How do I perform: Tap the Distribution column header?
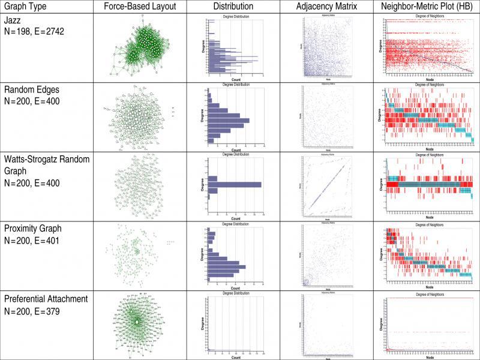coord(233,6)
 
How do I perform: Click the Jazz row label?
coord(13,20)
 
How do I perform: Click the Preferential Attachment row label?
coord(46,298)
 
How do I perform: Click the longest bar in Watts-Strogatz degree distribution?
coord(234,185)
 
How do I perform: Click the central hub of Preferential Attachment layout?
coord(137,322)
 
